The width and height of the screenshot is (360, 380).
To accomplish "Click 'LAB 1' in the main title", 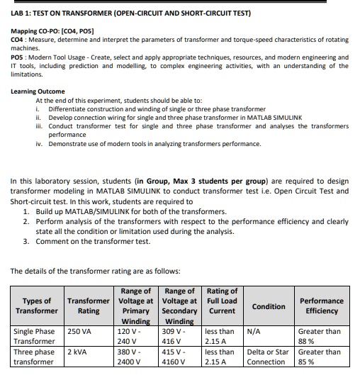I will [x=23, y=13].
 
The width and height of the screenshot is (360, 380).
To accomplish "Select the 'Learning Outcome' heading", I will [x=38, y=91].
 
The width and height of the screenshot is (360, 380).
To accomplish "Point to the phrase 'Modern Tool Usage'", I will [x=56, y=57].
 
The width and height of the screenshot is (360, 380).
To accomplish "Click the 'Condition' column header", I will [x=269, y=306].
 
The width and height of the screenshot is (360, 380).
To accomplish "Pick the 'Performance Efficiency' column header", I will [x=321, y=306].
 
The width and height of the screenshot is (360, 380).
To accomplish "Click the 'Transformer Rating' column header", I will [x=88, y=306].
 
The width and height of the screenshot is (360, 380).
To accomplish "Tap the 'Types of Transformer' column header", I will [x=37, y=306].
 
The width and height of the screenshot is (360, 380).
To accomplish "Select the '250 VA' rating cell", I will [x=80, y=330].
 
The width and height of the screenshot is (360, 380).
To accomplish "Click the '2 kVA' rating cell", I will [x=78, y=352].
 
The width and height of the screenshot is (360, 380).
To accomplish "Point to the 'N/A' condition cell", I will [x=254, y=330].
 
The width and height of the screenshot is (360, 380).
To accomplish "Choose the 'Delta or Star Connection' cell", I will [x=268, y=357].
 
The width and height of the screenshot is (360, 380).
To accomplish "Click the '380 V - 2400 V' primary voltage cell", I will [x=129, y=357].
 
